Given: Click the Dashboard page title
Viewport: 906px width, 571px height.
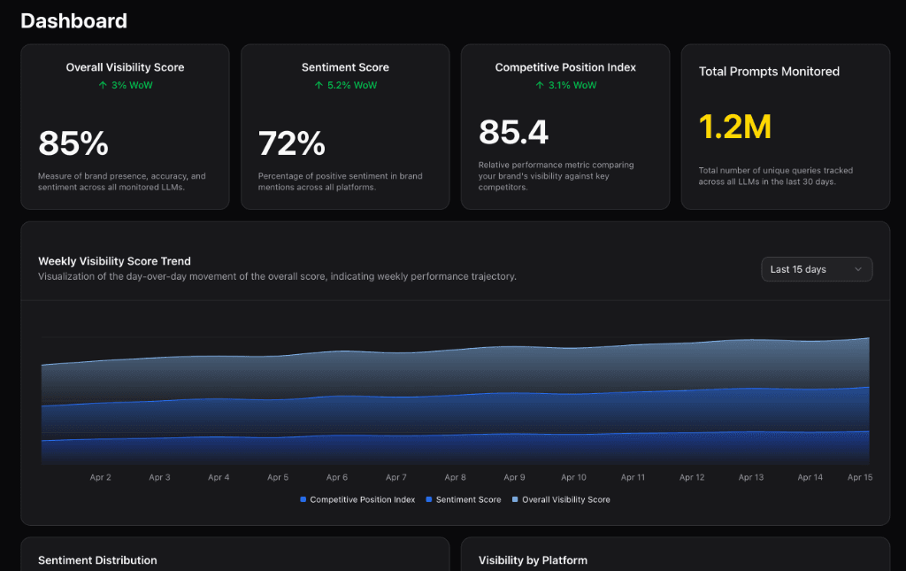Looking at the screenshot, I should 73,21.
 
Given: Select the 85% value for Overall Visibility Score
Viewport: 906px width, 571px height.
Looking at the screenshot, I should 73,143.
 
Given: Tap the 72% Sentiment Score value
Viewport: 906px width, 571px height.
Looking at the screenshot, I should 292,143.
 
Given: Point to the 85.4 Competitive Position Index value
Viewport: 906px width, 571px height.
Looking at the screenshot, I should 513,133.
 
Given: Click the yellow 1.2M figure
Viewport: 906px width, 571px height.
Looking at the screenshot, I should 735,127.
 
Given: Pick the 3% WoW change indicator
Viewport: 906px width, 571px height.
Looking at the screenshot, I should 125,85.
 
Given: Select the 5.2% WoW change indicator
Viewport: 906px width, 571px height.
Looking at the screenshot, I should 345,85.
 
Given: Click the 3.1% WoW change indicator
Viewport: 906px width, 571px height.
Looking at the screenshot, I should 565,85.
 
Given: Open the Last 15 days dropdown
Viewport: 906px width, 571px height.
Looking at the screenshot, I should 816,269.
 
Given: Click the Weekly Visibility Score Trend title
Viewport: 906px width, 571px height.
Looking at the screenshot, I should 114,261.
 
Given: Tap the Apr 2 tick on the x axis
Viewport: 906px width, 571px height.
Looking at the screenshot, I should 101,477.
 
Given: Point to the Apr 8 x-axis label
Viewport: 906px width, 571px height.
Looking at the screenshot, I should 456,477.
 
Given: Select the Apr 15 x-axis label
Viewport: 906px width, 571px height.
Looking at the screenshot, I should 860,477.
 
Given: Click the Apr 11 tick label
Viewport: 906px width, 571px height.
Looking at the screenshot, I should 633,477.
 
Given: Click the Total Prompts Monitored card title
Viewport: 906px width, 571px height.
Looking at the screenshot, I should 769,72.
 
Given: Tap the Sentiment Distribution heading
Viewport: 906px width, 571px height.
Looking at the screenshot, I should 97,560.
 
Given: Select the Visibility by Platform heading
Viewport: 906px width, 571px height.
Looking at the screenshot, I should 533,560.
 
